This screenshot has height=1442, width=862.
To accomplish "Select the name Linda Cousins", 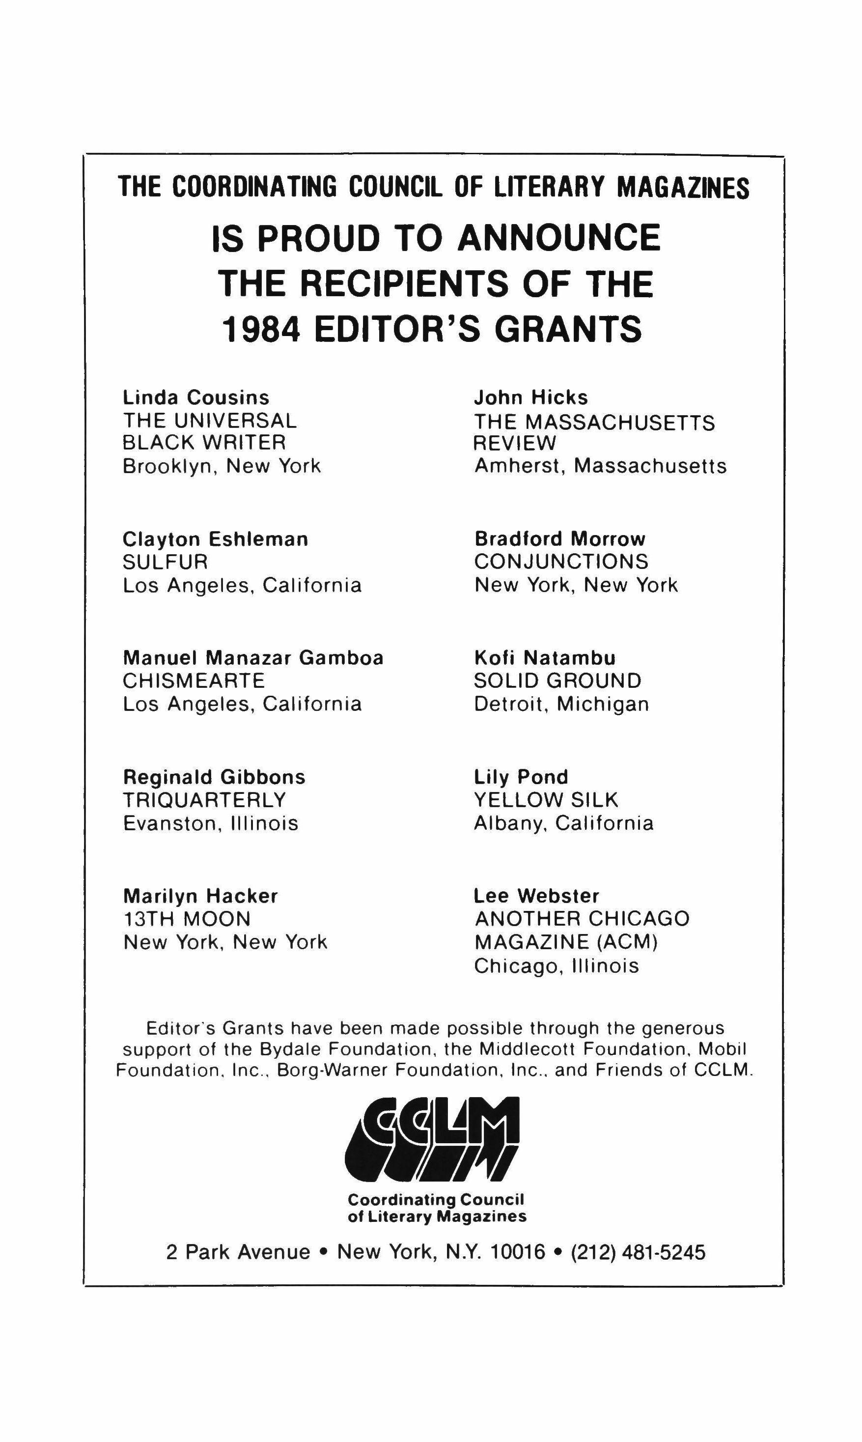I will pyautogui.click(x=196, y=397).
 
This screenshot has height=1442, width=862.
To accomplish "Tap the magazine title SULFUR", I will pyautogui.click(x=165, y=562).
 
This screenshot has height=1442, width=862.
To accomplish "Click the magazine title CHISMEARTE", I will pyautogui.click(x=194, y=680).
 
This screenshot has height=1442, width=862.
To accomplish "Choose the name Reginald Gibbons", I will pyautogui.click(x=214, y=777).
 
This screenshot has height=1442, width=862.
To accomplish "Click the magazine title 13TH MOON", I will pyautogui.click(x=187, y=919).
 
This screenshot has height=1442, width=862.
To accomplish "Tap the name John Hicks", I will pyautogui.click(x=531, y=397).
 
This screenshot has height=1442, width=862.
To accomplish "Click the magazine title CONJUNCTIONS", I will pyautogui.click(x=561, y=562).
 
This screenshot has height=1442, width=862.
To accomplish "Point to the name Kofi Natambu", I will pyautogui.click(x=545, y=658).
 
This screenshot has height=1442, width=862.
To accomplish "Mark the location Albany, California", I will pyautogui.click(x=563, y=823).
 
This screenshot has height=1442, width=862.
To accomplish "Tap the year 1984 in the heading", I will pyautogui.click(x=261, y=329).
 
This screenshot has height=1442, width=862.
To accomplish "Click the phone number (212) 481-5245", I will pyautogui.click(x=639, y=1252).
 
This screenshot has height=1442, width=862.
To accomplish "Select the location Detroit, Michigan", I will pyautogui.click(x=561, y=704).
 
